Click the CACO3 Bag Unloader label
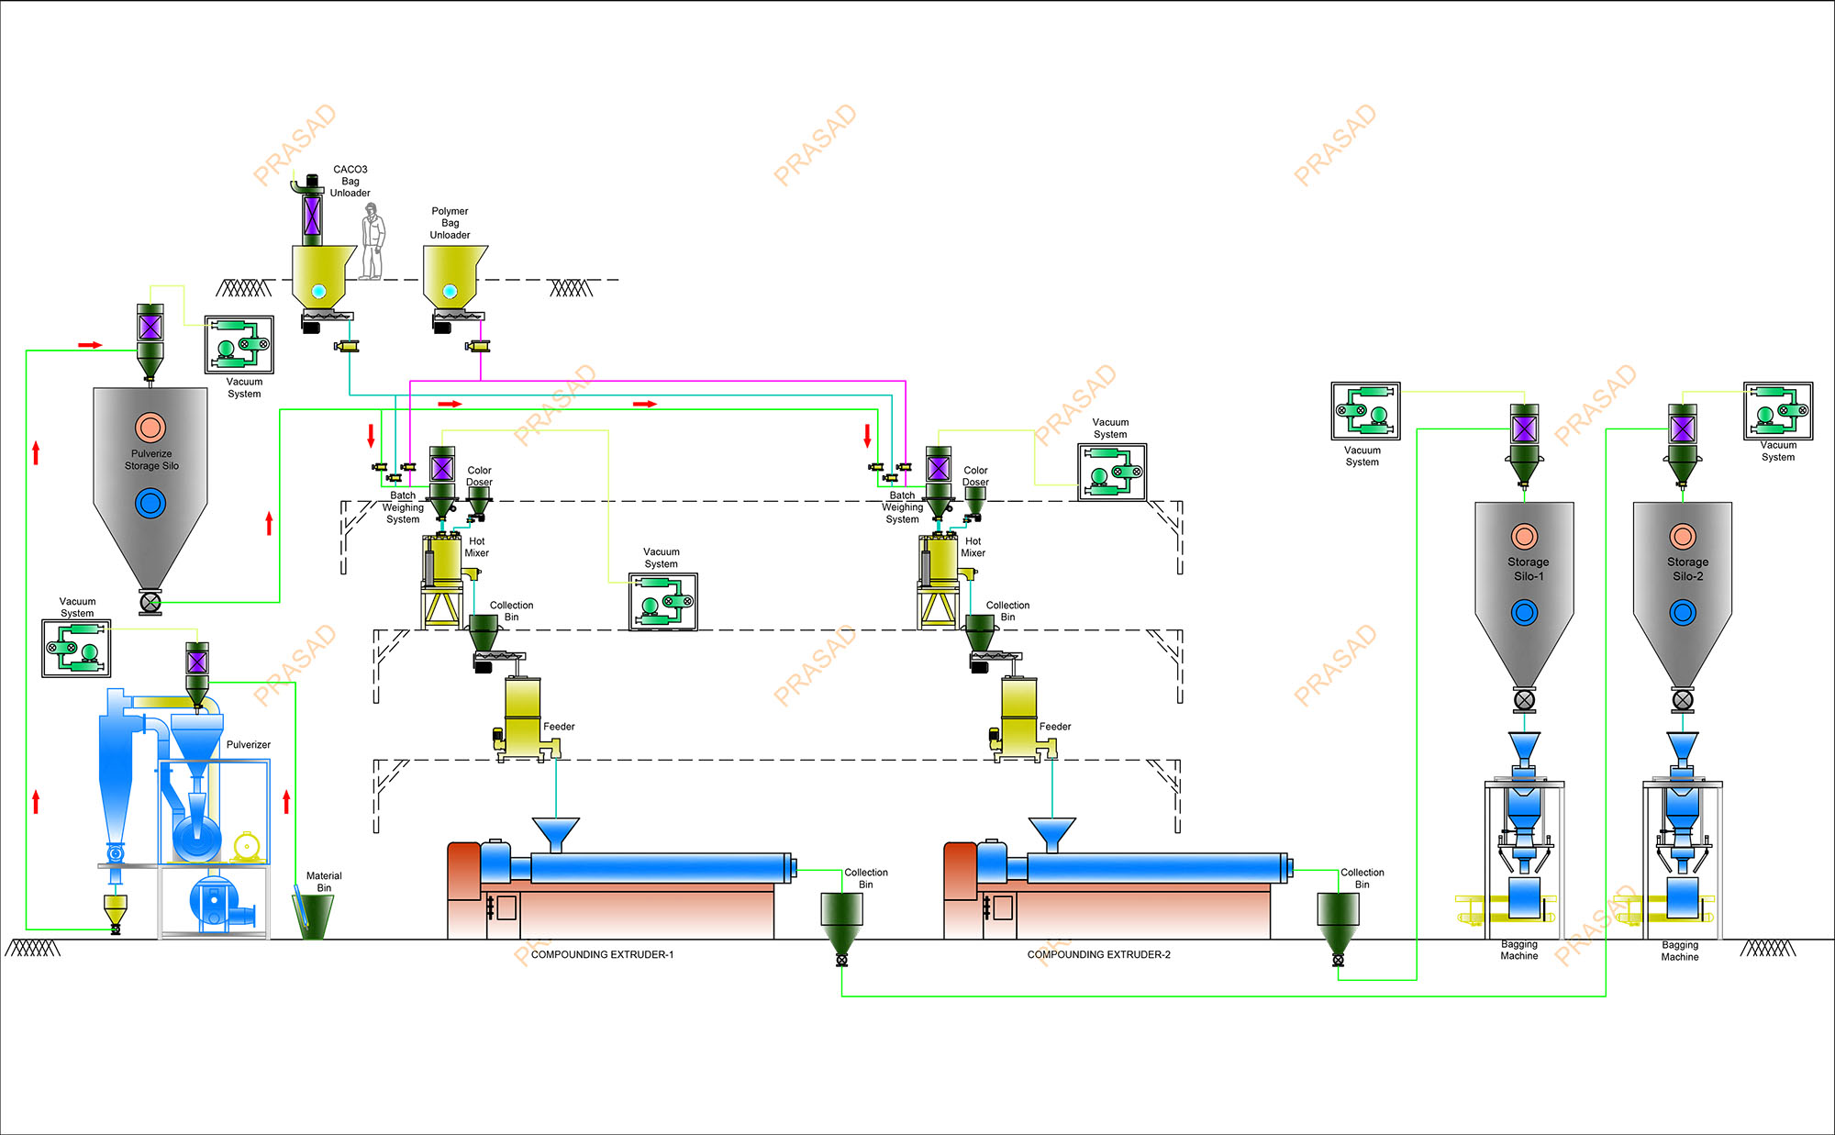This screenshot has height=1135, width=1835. click(350, 181)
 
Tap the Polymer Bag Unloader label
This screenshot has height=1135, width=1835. click(450, 223)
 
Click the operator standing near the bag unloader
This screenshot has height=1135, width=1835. click(372, 241)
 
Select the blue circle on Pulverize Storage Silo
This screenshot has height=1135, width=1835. click(150, 503)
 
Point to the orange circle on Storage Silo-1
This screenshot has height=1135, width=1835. click(1524, 536)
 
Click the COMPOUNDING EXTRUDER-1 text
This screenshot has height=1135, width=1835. click(602, 954)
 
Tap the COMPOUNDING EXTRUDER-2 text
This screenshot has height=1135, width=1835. click(1098, 954)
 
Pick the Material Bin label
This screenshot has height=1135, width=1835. click(324, 882)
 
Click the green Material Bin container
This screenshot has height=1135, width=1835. click(314, 916)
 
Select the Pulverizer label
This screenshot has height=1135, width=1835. click(249, 745)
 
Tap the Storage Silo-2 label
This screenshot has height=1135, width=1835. click(1687, 569)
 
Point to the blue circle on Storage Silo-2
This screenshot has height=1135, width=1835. click(1683, 612)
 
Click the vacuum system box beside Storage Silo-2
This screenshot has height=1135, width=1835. click(1778, 411)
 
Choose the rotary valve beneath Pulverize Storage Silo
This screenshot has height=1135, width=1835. click(150, 603)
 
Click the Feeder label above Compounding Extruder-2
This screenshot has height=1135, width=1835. click(1055, 727)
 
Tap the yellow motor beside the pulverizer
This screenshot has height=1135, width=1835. click(246, 846)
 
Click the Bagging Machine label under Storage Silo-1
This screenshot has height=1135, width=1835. click(1519, 950)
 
